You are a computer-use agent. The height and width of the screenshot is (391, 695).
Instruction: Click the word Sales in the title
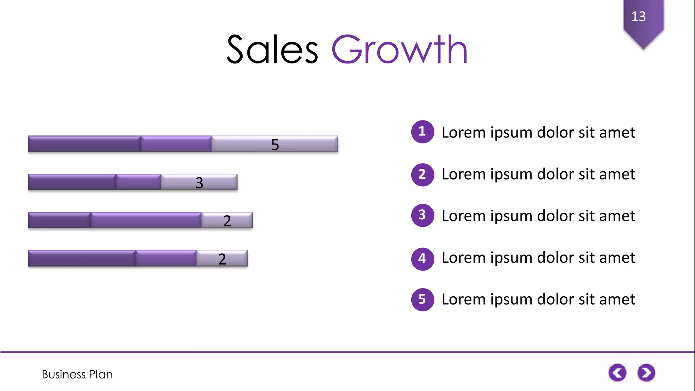pos(272,50)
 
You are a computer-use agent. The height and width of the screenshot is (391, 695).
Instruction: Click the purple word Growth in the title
pos(399,50)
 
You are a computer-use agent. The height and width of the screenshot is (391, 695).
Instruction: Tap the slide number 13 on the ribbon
pos(638,16)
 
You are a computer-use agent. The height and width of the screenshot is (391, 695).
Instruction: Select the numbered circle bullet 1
pos(422,132)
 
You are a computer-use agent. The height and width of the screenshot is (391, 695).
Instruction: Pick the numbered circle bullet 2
pos(422,174)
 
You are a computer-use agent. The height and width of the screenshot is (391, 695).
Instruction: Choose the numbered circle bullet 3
pos(422,215)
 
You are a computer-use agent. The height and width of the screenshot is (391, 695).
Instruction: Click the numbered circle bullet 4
pos(422,259)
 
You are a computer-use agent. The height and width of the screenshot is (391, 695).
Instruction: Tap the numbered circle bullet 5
pos(422,299)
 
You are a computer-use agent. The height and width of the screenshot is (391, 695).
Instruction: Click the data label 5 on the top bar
pos(275,145)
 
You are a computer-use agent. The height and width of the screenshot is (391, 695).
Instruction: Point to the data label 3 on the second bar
pos(199,183)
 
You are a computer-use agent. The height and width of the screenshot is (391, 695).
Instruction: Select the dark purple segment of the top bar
pos(84,144)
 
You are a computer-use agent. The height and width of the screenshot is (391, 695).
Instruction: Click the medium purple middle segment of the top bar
pos(176,144)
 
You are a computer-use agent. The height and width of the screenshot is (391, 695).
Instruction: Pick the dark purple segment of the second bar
pos(72,182)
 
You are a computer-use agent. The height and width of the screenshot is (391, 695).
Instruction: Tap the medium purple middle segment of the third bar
pos(146,220)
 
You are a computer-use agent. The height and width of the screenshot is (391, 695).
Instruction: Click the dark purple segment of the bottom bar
pos(82,258)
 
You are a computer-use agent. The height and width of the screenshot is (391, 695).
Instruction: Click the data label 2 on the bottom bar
pos(222,259)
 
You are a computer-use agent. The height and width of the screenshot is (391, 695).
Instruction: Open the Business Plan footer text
pos(77,374)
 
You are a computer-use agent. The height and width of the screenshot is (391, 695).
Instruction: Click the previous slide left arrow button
pos(617,373)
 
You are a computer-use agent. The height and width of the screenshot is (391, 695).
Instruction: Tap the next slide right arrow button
pos(646,373)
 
